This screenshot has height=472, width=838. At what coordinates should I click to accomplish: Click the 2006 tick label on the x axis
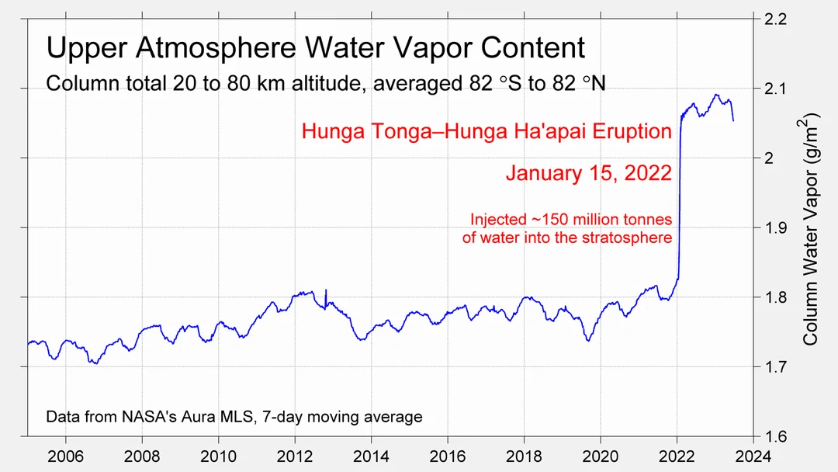tap(65, 456)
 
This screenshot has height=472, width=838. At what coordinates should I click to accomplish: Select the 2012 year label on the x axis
tap(295, 456)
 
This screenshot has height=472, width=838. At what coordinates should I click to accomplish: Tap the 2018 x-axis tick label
tap(525, 456)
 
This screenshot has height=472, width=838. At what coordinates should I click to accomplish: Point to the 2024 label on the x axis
tap(754, 456)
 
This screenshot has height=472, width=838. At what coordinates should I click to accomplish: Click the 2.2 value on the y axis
tap(779, 19)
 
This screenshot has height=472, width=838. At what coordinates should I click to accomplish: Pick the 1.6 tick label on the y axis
tap(779, 436)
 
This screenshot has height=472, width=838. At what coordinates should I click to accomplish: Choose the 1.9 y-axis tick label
tap(779, 227)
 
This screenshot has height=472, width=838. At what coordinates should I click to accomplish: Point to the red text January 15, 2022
tap(588, 172)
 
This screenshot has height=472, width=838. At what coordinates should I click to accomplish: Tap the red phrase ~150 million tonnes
tap(598, 220)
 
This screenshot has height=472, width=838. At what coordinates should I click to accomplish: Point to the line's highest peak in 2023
tap(715, 95)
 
